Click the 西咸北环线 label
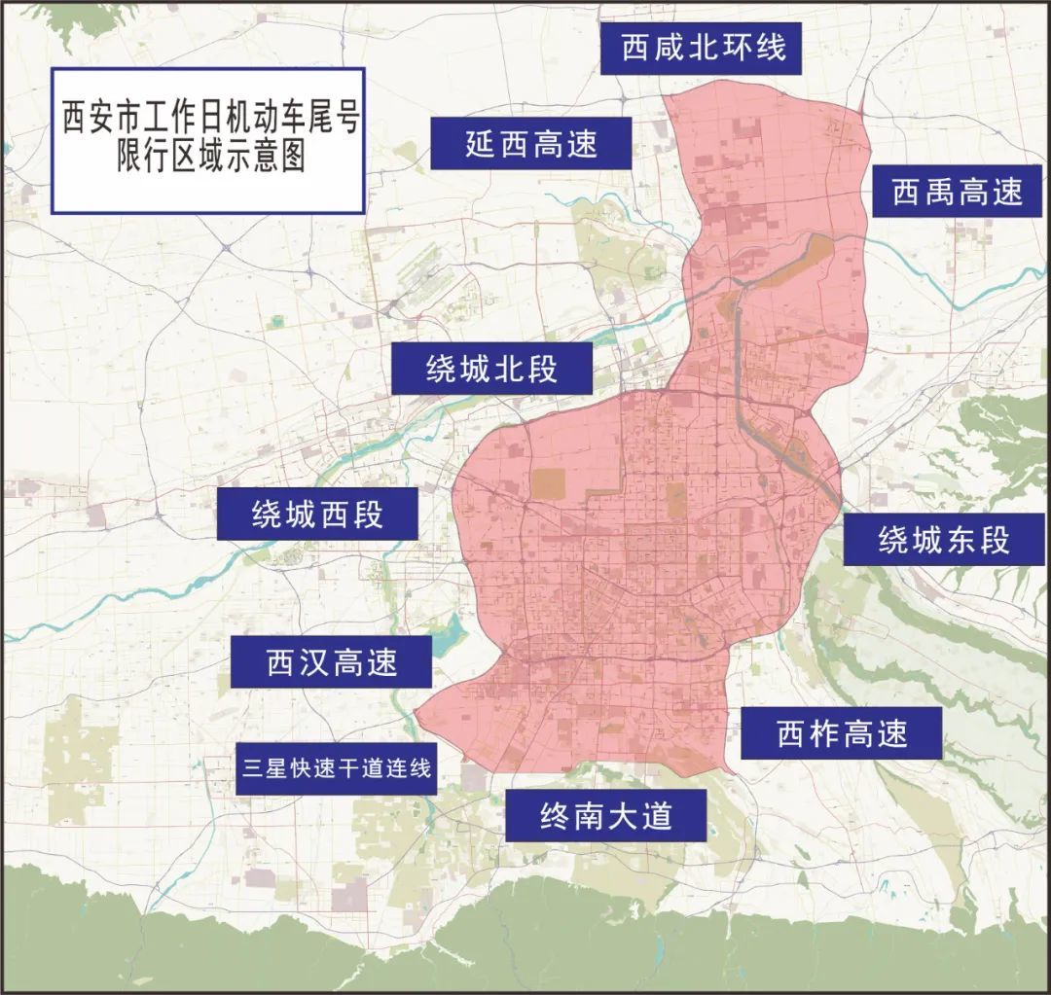pos(701,48)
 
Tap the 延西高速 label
pos(531,144)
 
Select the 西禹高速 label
pos(958,192)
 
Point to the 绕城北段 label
pos(492,369)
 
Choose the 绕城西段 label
pos(318,515)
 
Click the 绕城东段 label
pos(944,539)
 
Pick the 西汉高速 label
pos(332,663)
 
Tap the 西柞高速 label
pos(842,733)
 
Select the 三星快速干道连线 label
pos(337,767)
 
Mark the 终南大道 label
pos(606,814)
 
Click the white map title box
pos(207,140)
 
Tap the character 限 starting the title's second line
pos(130,158)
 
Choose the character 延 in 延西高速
pos(481,144)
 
